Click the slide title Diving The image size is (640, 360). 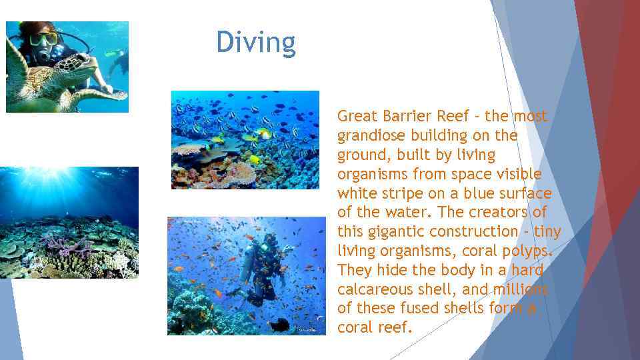coord(255,43)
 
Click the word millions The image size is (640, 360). coord(519,289)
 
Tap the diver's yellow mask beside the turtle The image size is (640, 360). coord(43,39)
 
